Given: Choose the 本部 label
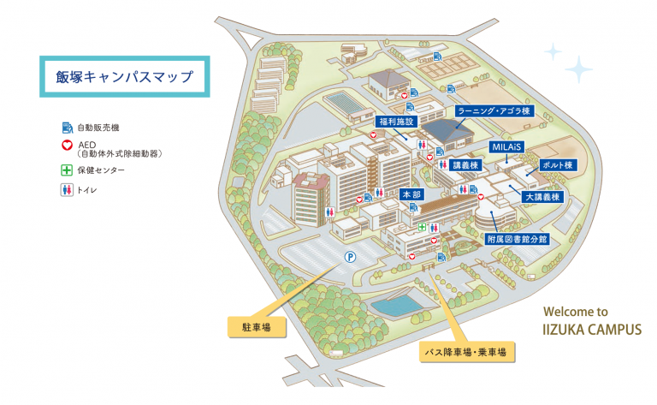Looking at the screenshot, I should coord(411,195).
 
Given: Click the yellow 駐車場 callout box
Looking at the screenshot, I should coord(256,327).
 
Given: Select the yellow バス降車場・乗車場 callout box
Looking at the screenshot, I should coord(466,351).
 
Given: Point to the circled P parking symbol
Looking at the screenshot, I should coord(349,255).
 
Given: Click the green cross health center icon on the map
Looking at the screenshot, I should coord(422,227).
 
